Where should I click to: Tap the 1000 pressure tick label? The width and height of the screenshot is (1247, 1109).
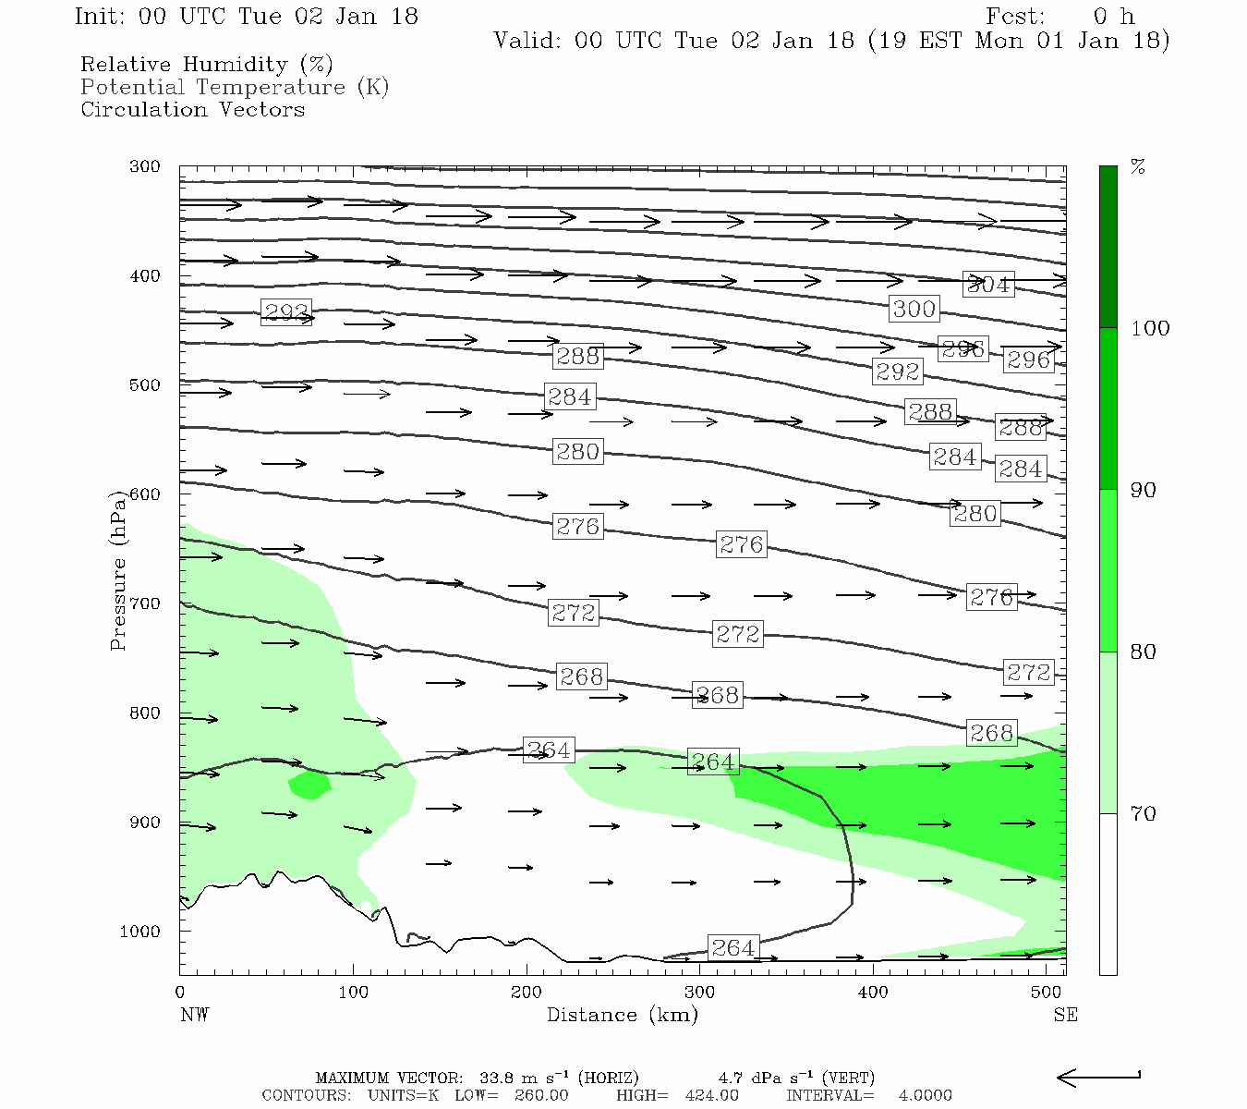coord(139,932)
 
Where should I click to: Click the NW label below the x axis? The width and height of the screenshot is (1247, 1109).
coord(194,1015)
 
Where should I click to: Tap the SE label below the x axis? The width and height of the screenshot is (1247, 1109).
coord(1065,1015)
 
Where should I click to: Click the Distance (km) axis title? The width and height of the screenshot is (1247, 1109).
coord(622,1015)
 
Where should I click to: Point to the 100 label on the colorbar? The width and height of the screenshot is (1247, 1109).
coord(1150,328)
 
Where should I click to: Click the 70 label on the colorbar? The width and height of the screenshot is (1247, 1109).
coord(1144,814)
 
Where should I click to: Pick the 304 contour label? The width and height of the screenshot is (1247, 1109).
coord(987,285)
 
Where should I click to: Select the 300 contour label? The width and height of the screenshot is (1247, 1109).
coord(914,309)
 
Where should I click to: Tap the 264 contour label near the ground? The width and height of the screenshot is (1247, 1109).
coord(733,947)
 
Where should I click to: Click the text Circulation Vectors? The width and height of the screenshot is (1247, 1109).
coord(192,110)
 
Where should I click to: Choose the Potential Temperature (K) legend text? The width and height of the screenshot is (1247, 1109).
coord(235,88)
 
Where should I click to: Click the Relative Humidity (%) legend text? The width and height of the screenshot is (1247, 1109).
coord(206,65)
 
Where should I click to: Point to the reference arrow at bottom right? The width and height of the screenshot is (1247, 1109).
coord(1097,1077)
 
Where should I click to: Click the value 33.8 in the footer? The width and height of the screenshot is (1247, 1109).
coord(499,1078)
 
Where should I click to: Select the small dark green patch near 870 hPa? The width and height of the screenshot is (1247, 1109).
coord(309,786)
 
